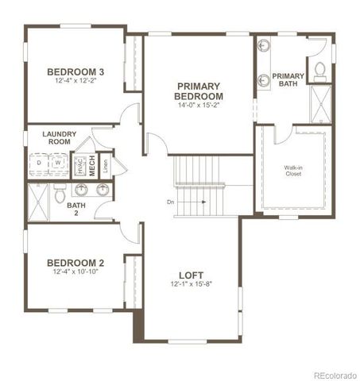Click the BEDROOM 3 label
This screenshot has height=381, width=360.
[x=76, y=71]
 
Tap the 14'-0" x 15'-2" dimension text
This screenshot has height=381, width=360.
[x=199, y=105]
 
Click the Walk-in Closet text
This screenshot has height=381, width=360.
[x=293, y=170]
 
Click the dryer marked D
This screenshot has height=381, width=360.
[x=39, y=165]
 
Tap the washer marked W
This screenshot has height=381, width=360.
[x=57, y=165]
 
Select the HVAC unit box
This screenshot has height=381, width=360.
[x=79, y=165]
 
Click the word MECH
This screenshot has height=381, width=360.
[x=92, y=166]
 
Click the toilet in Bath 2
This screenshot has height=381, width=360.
[x=60, y=192]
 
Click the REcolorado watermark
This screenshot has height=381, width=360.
[x=335, y=375]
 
